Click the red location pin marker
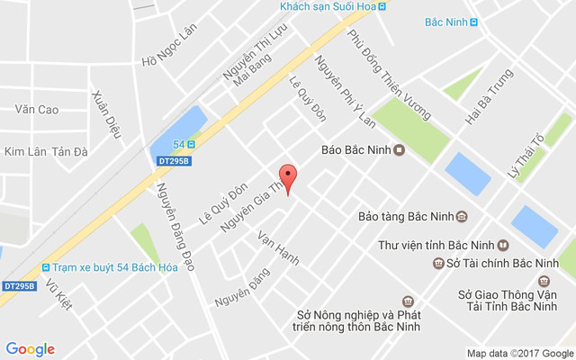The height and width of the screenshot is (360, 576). tap(287, 177)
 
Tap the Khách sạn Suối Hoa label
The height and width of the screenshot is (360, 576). tap(327, 6)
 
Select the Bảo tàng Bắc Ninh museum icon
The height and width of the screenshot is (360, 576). tap(462, 216)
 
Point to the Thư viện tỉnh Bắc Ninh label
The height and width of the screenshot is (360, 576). tap(436, 244)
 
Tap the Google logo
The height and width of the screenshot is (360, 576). tap(30, 349)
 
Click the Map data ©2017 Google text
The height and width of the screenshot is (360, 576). tap(519, 353)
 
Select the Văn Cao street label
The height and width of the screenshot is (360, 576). tap(36, 110)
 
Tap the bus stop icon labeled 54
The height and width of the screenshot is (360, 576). tap(191, 144)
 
